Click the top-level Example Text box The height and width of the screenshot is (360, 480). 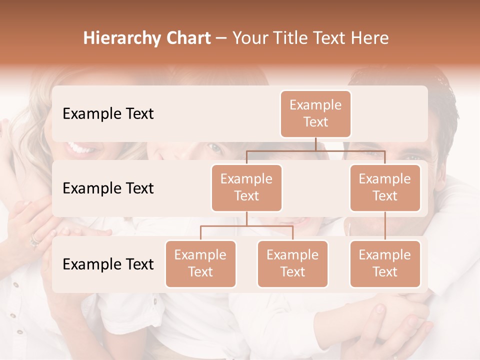coord(315,114)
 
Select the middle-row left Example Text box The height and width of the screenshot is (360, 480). coord(246,188)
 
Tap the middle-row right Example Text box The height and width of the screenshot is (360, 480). coord(385,188)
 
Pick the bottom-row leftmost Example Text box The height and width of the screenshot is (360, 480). coord(200,264)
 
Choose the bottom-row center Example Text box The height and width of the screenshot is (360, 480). coord(292,264)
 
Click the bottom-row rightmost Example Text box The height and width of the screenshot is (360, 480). coord(385,264)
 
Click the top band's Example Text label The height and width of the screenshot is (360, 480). coord(108,114)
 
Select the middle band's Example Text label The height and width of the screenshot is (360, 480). coord(108,188)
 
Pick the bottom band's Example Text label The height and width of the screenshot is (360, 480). coord(108,264)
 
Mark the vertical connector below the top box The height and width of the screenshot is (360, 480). coord(315,144)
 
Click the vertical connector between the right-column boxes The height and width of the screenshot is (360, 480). coord(385,226)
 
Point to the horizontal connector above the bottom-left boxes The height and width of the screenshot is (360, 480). coord(246,226)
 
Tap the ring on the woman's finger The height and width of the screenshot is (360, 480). coord(34,242)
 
